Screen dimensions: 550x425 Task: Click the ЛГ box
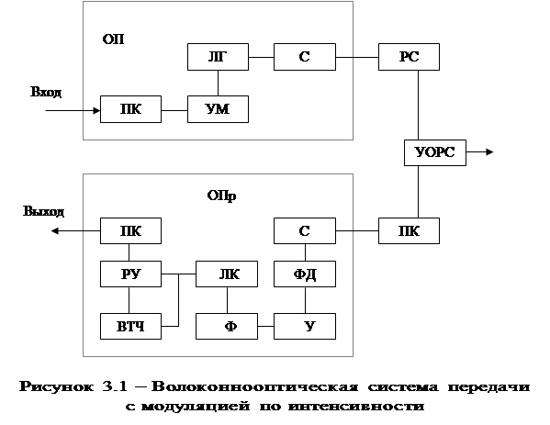click(x=218, y=57)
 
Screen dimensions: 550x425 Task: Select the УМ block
click(x=218, y=109)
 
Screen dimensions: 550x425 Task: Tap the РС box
click(x=409, y=57)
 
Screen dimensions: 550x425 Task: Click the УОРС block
click(x=435, y=152)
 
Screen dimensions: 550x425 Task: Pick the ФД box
click(x=305, y=274)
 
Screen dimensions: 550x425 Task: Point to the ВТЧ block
click(x=130, y=326)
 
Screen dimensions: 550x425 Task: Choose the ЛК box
click(x=227, y=274)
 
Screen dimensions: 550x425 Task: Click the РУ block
click(x=130, y=274)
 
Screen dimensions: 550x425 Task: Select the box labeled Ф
click(x=227, y=326)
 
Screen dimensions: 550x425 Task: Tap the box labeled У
click(x=305, y=326)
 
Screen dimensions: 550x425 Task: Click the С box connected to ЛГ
click(x=305, y=57)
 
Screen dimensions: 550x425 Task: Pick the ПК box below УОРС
click(x=409, y=230)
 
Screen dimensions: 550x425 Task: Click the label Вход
click(x=46, y=92)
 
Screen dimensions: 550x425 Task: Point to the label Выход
click(x=43, y=211)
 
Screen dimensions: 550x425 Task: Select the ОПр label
click(x=221, y=196)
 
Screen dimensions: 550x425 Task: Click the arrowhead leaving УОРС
click(x=489, y=151)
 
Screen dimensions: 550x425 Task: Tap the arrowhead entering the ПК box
click(x=96, y=111)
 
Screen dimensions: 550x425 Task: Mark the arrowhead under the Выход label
click(x=55, y=230)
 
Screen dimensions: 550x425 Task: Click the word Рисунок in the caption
click(x=57, y=386)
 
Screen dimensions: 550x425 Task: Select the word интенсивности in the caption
click(x=356, y=407)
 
